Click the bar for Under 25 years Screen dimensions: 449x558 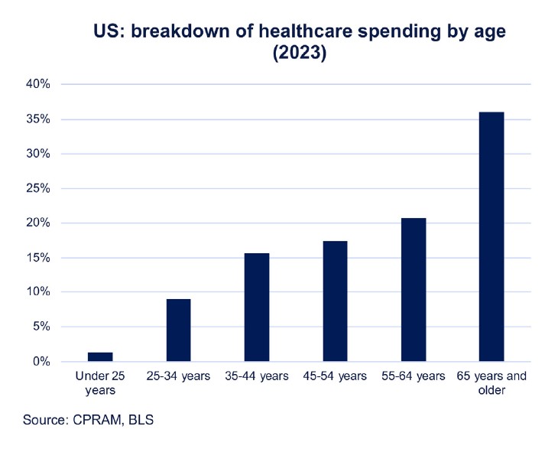pos(100,356)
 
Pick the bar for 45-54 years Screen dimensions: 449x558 pos(335,301)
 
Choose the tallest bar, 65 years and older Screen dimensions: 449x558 pos(491,236)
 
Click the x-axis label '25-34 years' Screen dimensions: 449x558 pos(178,376)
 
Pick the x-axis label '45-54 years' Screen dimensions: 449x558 pos(335,376)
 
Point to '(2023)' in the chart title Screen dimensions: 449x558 pos(300,55)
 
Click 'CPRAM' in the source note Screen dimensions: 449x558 pos(96,420)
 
